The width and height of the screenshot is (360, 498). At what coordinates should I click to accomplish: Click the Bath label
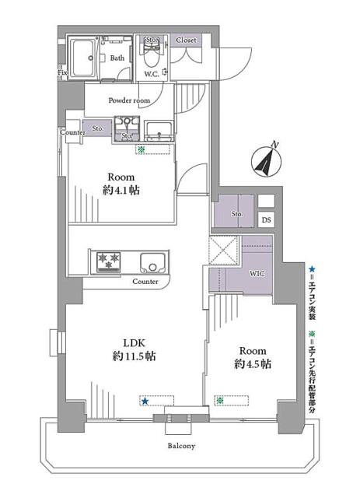117,58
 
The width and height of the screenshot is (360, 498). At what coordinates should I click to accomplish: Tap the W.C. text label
152,75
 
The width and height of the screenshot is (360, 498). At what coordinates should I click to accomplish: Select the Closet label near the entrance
186,40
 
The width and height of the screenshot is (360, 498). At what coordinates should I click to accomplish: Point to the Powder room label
129,100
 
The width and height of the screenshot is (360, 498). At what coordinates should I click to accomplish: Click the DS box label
267,219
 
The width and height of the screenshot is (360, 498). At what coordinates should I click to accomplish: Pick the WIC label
257,273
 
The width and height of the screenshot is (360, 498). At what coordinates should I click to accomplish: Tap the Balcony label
181,446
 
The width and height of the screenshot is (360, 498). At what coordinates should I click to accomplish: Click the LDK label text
134,343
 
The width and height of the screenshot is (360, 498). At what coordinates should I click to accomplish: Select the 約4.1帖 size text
121,190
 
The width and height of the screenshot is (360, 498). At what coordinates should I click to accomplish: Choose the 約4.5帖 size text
253,364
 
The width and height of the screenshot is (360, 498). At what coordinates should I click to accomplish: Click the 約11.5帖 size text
135,356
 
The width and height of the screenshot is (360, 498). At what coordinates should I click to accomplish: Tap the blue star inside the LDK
145,402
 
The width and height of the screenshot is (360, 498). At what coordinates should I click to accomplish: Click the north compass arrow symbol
267,160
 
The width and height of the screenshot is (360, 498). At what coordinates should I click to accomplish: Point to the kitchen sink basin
152,263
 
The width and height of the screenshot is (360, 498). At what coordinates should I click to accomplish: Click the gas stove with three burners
109,262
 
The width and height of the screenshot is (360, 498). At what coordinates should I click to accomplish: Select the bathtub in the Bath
82,58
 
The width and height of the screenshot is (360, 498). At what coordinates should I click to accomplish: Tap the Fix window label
62,72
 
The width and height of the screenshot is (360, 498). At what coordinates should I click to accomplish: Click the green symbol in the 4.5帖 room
219,401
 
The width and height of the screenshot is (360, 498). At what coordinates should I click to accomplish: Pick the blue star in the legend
313,270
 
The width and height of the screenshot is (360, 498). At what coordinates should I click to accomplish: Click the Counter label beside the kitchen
145,282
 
